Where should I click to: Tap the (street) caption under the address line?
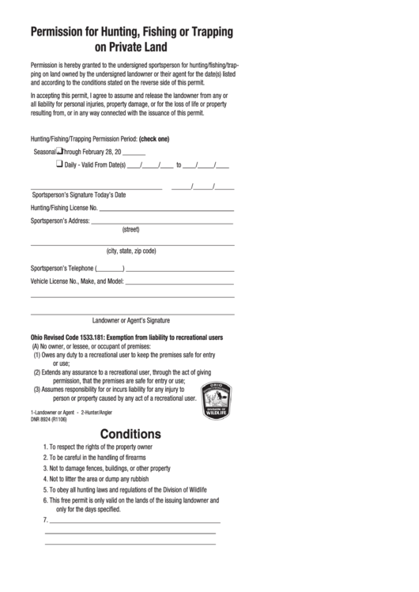tap(130, 230)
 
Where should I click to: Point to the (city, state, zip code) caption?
tap(131, 251)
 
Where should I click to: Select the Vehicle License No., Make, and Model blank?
tap(179, 282)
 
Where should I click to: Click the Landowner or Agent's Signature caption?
tap(131, 321)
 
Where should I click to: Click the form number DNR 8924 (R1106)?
tap(49, 419)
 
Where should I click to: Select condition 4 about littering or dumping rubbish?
tap(99, 478)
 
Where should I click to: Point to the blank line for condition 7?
tap(134, 522)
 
